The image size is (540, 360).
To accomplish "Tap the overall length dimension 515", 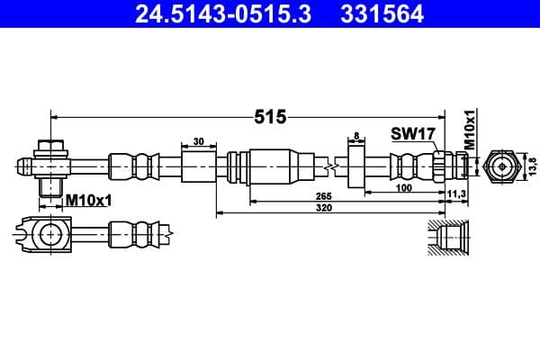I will pyautogui.click(x=270, y=116).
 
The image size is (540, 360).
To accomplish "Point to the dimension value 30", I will pyautogui.click(x=198, y=140).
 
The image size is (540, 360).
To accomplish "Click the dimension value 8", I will pyautogui.click(x=357, y=137).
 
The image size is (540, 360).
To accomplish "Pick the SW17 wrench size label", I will pyautogui.click(x=413, y=134).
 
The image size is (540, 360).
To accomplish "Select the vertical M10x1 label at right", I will pyautogui.click(x=469, y=130).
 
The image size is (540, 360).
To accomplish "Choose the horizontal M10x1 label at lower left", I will pyautogui.click(x=88, y=201).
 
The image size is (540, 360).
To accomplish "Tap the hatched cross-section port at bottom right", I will pyautogui.click(x=447, y=238).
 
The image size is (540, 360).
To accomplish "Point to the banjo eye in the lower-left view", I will pyautogui.click(x=49, y=236).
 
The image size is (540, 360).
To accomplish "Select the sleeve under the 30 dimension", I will pyautogui.click(x=198, y=166).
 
